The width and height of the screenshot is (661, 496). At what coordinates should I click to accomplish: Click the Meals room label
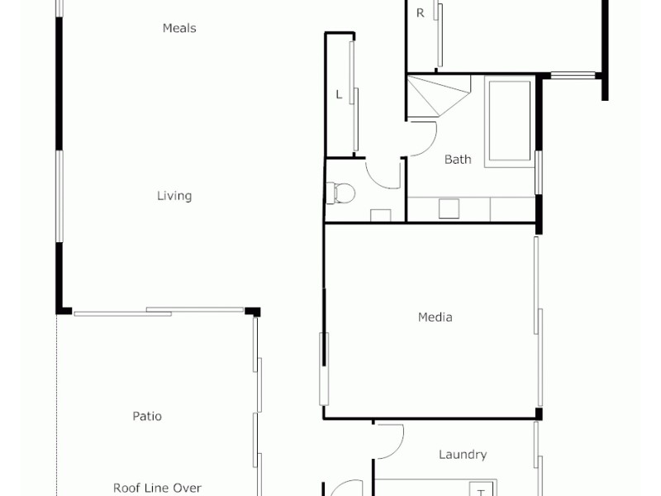(x=179, y=28)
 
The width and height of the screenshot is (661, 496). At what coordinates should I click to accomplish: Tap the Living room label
(x=174, y=196)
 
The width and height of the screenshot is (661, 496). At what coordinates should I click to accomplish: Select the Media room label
(x=435, y=317)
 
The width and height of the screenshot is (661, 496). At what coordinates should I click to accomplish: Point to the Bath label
(x=458, y=159)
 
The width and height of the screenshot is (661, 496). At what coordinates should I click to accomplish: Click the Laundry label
(x=462, y=454)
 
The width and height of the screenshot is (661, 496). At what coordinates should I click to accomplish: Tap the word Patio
(x=147, y=416)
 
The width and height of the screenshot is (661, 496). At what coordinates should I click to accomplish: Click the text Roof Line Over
(x=157, y=488)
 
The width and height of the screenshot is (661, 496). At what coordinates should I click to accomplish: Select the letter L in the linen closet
(x=338, y=95)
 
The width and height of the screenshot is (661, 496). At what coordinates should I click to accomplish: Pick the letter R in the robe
(x=420, y=12)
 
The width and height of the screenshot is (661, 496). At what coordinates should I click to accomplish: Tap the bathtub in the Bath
(x=510, y=122)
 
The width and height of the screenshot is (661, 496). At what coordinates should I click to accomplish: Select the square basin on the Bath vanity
(x=449, y=207)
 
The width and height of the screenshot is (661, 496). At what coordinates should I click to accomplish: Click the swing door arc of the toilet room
(x=381, y=175)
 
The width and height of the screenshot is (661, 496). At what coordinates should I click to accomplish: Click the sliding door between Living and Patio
(x=157, y=312)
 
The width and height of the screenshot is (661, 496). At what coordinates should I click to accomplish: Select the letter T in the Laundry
(x=480, y=492)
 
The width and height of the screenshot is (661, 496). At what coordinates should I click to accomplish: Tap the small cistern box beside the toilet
(x=380, y=216)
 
